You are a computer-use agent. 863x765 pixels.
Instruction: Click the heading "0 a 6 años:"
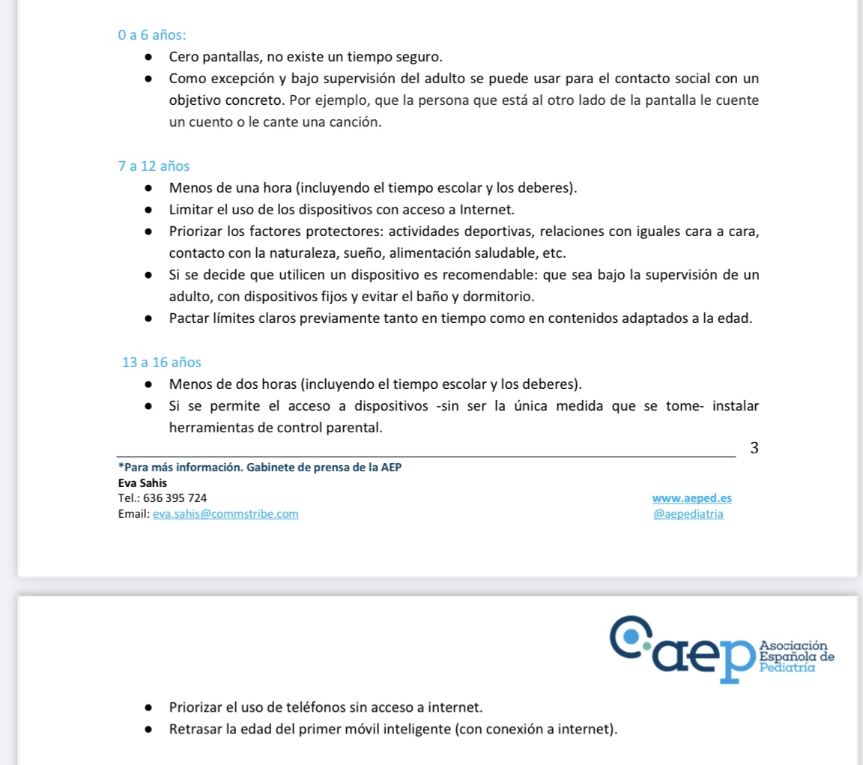click(153, 34)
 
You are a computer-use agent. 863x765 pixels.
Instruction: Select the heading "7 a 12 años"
click(154, 166)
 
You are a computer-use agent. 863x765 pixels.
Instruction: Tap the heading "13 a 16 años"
click(161, 363)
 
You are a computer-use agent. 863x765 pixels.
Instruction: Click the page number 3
click(754, 448)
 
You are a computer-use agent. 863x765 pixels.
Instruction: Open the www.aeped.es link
click(691, 498)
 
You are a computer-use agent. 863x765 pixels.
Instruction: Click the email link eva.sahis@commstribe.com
click(225, 514)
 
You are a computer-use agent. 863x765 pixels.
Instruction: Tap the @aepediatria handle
click(688, 514)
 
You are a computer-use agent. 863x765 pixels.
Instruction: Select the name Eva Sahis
click(142, 483)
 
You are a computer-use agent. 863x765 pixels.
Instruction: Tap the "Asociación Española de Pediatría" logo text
click(796, 656)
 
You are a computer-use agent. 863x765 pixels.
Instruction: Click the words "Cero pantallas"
click(210, 57)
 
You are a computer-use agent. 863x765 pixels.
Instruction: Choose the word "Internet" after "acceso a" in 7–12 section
click(487, 210)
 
